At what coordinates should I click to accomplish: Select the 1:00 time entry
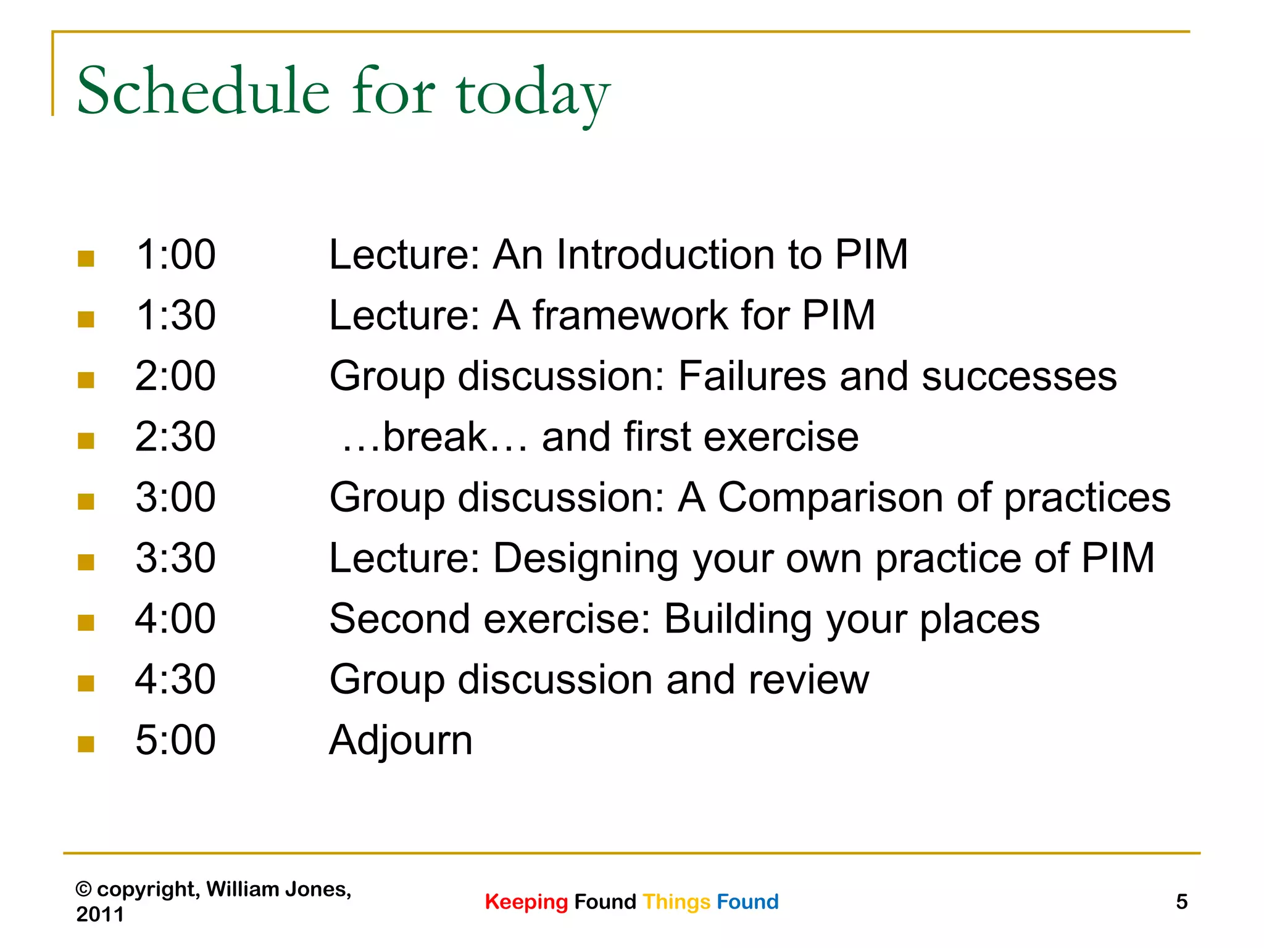pos(175,254)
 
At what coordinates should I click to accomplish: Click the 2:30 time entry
pos(175,436)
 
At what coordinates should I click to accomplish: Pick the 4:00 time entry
pos(175,618)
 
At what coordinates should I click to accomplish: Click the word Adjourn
pos(401,741)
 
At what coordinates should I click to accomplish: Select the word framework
pos(630,315)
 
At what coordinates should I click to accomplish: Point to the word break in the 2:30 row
pos(435,436)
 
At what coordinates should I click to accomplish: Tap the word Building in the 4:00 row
pos(738,619)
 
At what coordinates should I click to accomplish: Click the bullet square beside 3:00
pos(86,501)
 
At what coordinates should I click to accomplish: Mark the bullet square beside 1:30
pos(86,319)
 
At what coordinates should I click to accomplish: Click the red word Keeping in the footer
pos(526,902)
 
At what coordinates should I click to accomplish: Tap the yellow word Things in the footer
pos(676,902)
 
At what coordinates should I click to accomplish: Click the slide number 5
pos(1181,902)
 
